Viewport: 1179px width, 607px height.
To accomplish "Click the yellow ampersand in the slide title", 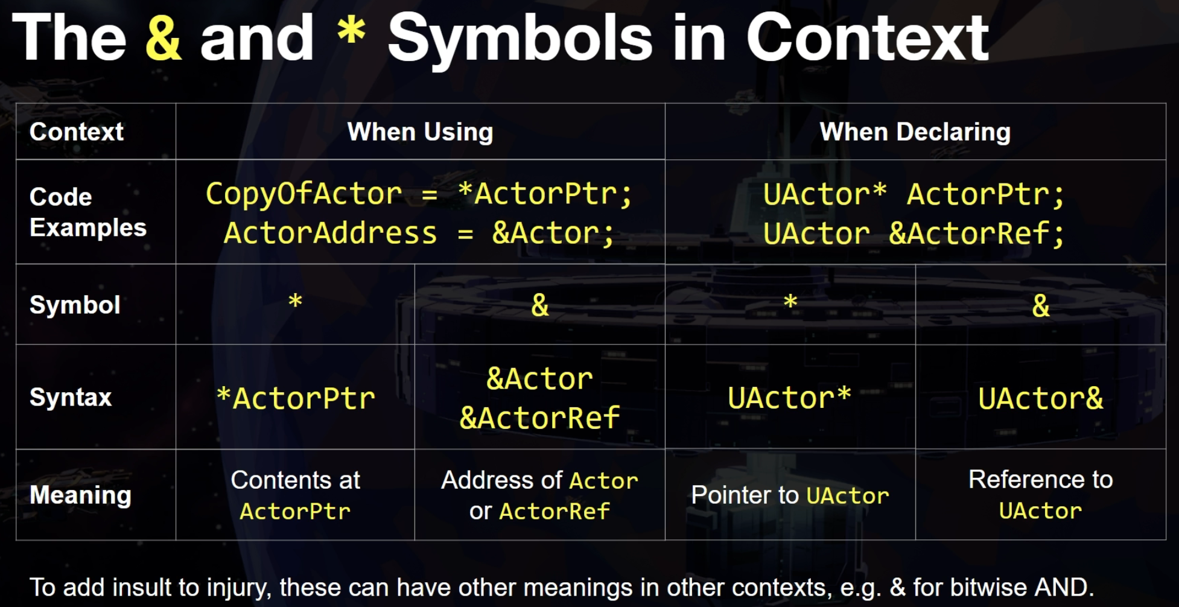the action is (x=164, y=38).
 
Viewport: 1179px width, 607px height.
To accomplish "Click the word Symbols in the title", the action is (x=520, y=39).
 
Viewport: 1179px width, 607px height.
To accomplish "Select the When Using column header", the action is (x=421, y=132).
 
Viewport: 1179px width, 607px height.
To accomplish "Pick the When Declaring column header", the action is (x=915, y=132).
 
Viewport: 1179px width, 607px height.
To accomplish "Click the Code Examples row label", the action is (x=88, y=212).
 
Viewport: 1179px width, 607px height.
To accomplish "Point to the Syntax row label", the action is (x=71, y=397).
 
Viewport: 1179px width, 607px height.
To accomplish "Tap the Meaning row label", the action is (x=80, y=495).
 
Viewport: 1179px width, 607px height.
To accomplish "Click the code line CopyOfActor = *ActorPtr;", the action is (x=419, y=194).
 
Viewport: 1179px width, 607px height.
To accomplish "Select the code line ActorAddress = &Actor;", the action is (x=419, y=233).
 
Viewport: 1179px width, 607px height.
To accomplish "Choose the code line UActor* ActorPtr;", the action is (x=914, y=194).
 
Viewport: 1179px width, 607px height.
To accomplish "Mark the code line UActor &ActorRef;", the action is (x=914, y=234).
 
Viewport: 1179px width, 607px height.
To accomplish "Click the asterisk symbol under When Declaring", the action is (x=790, y=301).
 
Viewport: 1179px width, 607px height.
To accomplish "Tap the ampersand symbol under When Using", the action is (x=540, y=305).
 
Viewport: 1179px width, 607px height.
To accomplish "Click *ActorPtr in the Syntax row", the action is (x=296, y=398).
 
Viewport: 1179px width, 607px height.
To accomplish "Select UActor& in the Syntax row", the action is (x=1041, y=398).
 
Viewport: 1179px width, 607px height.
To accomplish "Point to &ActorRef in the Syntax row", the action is (x=540, y=418).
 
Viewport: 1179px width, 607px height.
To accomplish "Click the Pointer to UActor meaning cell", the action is (x=790, y=495).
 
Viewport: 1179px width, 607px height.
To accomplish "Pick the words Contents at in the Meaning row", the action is (x=296, y=480).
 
